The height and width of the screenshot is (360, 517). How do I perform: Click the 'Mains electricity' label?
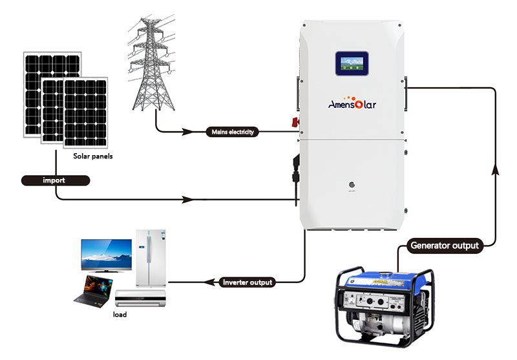point(233,132)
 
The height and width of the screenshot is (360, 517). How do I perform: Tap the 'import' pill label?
point(54,180)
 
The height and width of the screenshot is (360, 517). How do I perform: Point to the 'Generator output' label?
point(446,246)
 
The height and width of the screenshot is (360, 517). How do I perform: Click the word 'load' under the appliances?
point(120,314)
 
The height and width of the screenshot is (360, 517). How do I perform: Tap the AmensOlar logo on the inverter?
point(353,103)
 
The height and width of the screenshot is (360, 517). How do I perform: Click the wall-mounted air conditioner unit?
point(140,299)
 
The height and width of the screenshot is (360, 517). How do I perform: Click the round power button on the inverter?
point(353,183)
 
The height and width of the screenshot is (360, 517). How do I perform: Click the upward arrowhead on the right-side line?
point(496,169)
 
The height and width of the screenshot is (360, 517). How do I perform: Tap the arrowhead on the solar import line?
point(188,199)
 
